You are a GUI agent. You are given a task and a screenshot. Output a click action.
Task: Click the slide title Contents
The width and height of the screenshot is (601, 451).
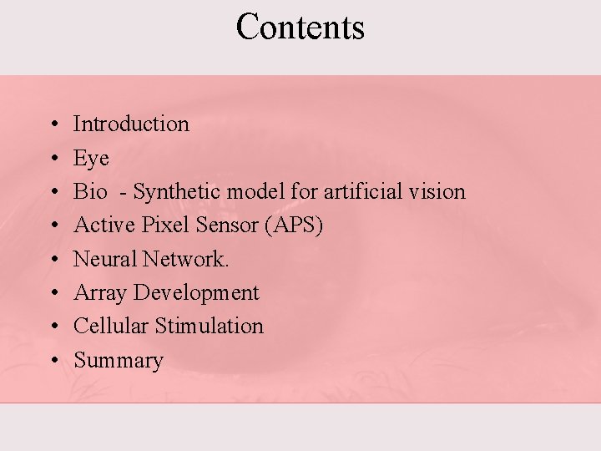click(x=300, y=27)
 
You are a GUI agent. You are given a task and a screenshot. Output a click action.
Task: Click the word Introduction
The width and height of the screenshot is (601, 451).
click(x=131, y=124)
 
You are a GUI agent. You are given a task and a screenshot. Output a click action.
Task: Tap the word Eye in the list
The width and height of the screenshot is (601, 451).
click(x=91, y=159)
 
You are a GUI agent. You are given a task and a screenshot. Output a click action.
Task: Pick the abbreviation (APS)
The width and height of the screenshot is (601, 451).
click(x=293, y=225)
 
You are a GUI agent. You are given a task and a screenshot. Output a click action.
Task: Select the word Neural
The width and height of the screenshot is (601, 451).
click(x=105, y=259)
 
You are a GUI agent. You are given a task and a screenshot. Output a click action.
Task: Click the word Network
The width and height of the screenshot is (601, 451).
click(x=185, y=259)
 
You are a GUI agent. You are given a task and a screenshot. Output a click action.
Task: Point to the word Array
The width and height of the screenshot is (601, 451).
click(x=101, y=293)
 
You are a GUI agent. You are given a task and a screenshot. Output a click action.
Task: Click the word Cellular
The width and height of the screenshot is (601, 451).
click(x=111, y=326)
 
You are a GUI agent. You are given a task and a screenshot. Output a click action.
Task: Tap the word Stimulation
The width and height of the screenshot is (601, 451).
click(x=209, y=326)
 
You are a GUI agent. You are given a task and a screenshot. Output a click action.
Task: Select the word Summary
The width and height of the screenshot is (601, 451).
click(x=119, y=361)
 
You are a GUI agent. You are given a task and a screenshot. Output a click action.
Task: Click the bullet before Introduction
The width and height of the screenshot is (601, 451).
click(x=53, y=124)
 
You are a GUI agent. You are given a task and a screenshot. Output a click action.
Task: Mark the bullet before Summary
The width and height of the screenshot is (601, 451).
click(x=53, y=361)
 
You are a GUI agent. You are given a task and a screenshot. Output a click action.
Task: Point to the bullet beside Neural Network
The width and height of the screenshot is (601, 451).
click(x=53, y=260)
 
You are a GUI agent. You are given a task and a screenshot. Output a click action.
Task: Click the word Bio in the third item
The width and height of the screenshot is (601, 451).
click(x=90, y=191)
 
